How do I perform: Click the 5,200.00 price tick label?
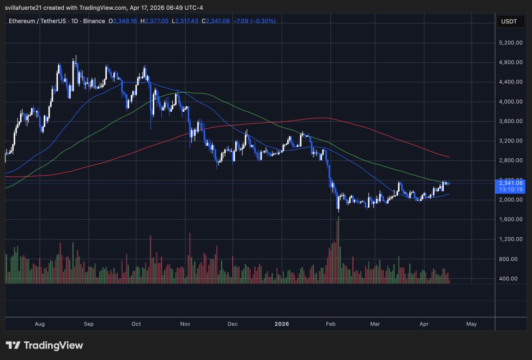click(x=511, y=43)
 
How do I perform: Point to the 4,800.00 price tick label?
click(x=511, y=62)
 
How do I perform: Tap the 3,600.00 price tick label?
click(x=511, y=121)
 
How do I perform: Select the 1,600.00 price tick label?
click(x=511, y=219)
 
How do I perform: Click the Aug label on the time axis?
click(x=39, y=323)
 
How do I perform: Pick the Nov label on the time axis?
click(x=185, y=323)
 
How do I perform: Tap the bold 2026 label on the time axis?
click(x=282, y=323)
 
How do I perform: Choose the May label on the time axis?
click(x=471, y=323)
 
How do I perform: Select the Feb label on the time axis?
click(x=330, y=323)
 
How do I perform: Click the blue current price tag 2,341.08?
click(x=510, y=183)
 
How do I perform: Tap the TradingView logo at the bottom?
click(x=44, y=345)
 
